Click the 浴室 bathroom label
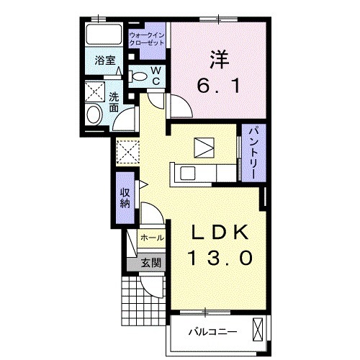click(x=105, y=60)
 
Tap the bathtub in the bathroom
click(x=104, y=34)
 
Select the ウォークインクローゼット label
click(x=147, y=39)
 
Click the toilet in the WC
click(x=138, y=76)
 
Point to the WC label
click(x=156, y=76)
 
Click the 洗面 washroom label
click(x=114, y=102)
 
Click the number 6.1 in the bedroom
click(x=218, y=86)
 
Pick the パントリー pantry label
click(x=253, y=153)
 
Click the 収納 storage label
click(x=125, y=198)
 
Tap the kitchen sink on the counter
click(x=188, y=173)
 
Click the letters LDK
click(x=220, y=233)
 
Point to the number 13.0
click(x=221, y=258)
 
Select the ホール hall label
click(x=153, y=238)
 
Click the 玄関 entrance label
click(x=150, y=263)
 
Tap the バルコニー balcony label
click(x=212, y=332)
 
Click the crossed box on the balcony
click(x=258, y=329)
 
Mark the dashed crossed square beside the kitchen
click(x=128, y=152)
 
